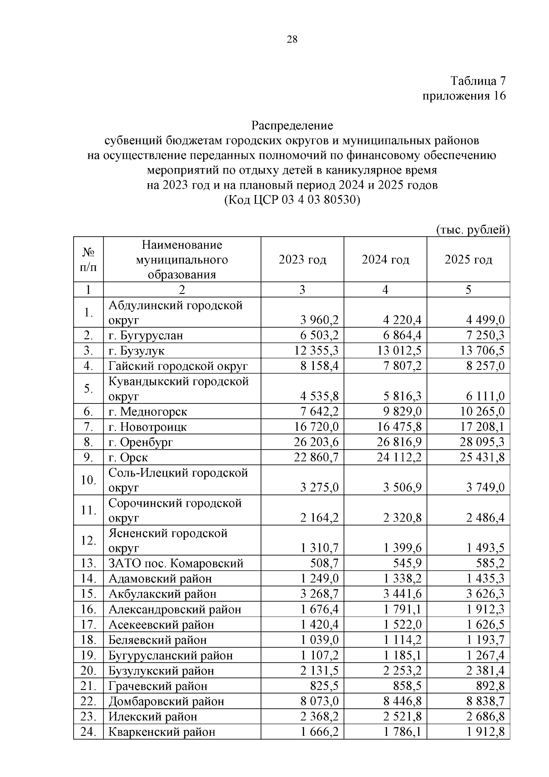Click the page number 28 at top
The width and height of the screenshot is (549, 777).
(x=292, y=39)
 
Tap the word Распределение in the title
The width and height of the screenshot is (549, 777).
(x=292, y=125)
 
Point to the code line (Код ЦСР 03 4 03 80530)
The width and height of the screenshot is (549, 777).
(x=292, y=201)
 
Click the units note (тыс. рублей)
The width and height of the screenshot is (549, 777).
(x=473, y=229)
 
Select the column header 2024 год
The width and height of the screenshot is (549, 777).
(x=385, y=260)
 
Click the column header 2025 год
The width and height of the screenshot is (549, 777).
(x=468, y=260)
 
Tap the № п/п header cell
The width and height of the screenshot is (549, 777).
(x=88, y=260)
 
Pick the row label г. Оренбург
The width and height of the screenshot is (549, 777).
(x=140, y=442)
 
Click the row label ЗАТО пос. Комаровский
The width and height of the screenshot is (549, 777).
(x=176, y=564)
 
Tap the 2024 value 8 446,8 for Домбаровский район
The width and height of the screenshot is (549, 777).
(x=402, y=701)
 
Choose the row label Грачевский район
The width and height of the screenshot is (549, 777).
(x=158, y=686)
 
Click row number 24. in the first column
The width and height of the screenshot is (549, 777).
(x=88, y=732)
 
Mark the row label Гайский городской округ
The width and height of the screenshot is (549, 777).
(x=178, y=366)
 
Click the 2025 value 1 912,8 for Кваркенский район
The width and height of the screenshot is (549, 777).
(x=485, y=732)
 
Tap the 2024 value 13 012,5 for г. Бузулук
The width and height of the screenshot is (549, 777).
(x=399, y=351)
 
